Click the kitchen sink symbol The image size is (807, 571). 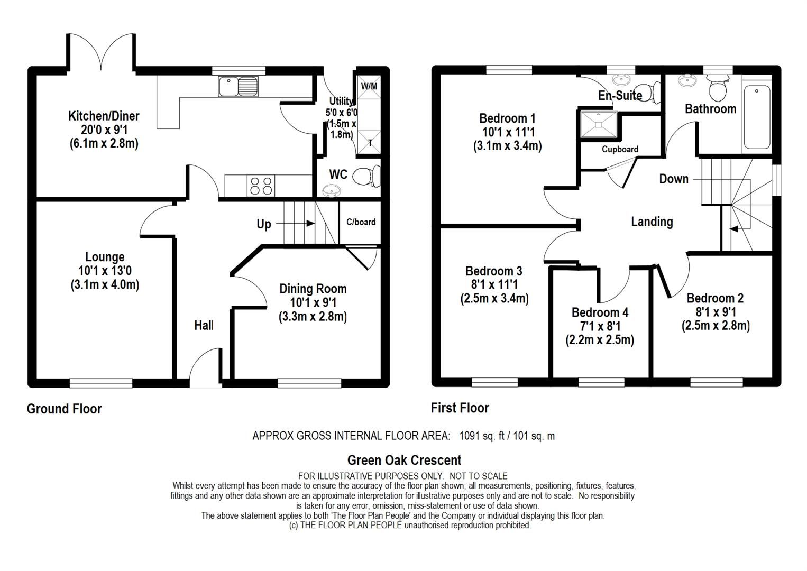pos(238,87)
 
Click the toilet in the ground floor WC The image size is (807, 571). pos(365,176)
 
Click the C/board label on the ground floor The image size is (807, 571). pos(361,222)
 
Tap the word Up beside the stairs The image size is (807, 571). pos(263,224)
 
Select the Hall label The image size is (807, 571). pos(204,325)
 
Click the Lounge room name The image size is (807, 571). pos(105,257)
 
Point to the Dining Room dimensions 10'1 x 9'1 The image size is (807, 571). pos(313,302)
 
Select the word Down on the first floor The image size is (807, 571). pos(673,179)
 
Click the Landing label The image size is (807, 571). pos(652,222)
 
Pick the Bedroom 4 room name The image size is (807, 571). pos(600,312)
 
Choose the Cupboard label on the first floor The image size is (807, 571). pos(620,149)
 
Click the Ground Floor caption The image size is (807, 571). pos(64,409)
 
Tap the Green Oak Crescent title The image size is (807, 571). pos(404,460)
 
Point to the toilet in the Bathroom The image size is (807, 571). pos(718,90)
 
